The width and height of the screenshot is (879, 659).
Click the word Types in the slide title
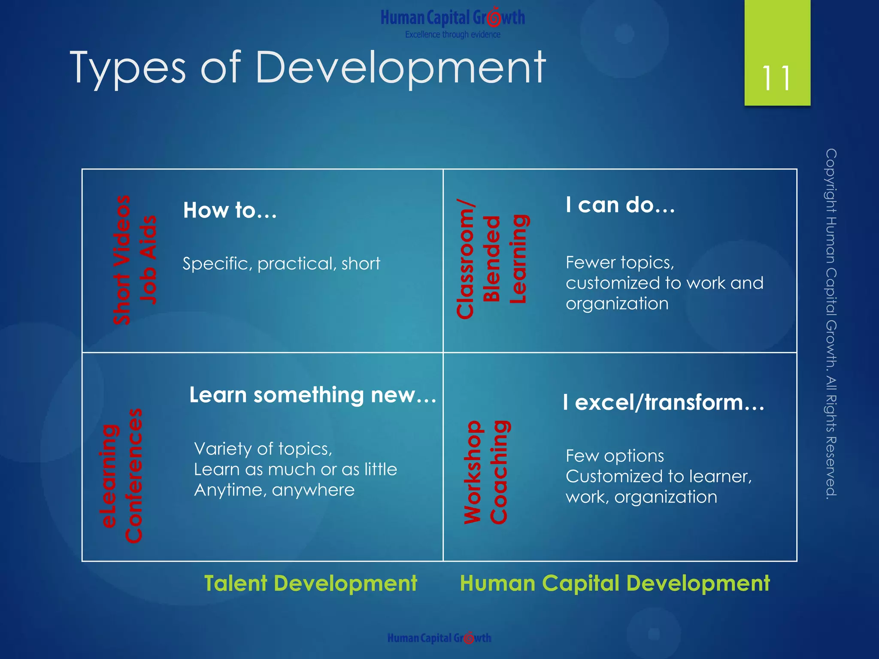127,68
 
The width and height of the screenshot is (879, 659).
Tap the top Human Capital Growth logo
452,18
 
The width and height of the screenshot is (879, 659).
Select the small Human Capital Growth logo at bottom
439,638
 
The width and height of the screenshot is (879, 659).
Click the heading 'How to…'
230,211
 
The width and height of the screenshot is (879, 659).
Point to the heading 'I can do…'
620,205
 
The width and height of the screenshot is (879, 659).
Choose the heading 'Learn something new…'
312,395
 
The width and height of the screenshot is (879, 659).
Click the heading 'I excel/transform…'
664,402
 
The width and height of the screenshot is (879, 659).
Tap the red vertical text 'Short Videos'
122,260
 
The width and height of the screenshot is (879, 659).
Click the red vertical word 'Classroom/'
465,259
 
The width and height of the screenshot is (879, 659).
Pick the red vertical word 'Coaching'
499,472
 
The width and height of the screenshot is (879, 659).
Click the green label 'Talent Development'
310,583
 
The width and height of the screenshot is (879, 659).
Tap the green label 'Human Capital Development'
615,583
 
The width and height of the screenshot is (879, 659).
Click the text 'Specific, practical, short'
281,263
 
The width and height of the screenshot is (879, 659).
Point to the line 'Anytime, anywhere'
274,490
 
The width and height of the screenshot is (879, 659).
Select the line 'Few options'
615,456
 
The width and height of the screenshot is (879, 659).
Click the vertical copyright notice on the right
831,324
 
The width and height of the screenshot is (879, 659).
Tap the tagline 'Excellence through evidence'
452,35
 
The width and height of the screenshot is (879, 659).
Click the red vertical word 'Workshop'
473,472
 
